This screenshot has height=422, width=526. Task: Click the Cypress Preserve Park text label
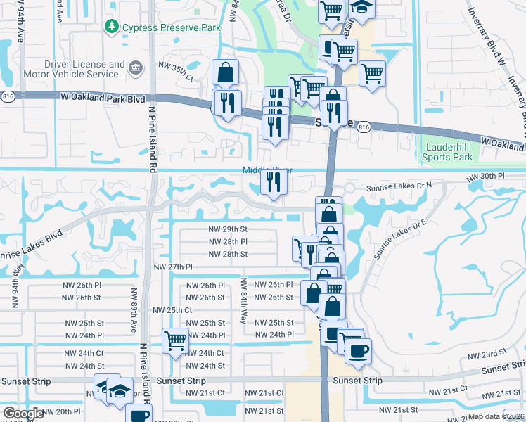[x=172, y=27]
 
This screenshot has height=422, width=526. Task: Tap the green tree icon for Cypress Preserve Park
[x=111, y=27]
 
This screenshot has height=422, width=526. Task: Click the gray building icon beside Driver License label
[x=136, y=68]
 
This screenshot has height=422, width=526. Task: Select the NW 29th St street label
[x=228, y=229]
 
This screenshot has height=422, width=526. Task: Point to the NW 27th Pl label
[x=173, y=267]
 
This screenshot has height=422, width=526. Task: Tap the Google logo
[x=23, y=414]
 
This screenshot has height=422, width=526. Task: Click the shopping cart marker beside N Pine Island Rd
[x=175, y=341]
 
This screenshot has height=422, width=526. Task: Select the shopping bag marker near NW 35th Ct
[x=225, y=72]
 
